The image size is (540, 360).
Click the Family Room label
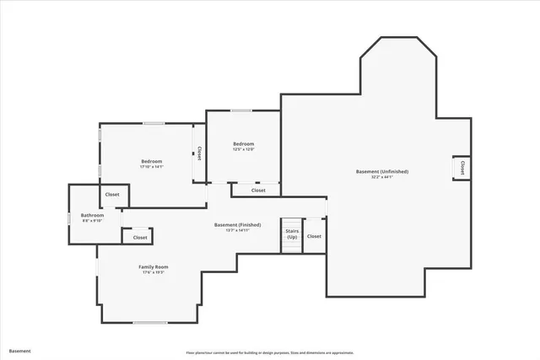[152, 266]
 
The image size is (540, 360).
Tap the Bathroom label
[93, 215]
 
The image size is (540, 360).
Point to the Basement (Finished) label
[237, 224]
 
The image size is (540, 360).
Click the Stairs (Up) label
[292, 234]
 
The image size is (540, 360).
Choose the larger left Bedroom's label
[152, 161]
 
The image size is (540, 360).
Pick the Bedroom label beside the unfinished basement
[244, 144]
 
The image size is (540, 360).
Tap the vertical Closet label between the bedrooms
[199, 153]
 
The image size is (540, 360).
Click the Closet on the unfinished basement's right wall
[462, 169]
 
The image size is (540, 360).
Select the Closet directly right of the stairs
[314, 236]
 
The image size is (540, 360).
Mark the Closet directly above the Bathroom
[112, 195]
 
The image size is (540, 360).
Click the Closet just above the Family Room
[140, 237]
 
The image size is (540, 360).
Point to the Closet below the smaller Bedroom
[258, 191]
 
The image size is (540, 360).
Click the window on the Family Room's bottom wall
[149, 323]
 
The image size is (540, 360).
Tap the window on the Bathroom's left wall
[69, 219]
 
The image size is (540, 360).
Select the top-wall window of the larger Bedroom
[154, 124]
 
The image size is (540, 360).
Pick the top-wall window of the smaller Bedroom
[241, 110]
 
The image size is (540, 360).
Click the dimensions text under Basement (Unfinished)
[381, 177]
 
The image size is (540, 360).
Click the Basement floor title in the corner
[19, 351]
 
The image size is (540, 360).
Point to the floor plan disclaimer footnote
[270, 352]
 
